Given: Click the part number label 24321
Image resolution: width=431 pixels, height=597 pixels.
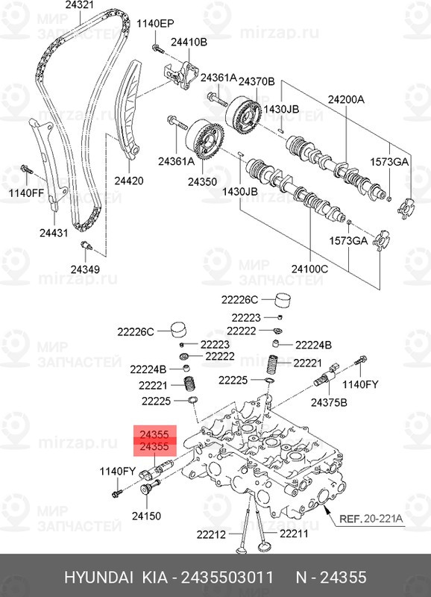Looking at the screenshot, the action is point(80,5).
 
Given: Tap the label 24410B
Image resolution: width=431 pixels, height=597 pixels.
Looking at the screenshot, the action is point(189,42).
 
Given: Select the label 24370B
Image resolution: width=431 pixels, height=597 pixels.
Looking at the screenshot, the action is point(257,81).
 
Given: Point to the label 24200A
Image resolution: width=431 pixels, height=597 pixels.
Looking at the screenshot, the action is point(346,100).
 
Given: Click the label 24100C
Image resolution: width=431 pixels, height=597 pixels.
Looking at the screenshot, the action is point(309,269).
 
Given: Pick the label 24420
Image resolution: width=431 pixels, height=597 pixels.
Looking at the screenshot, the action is point(129,181).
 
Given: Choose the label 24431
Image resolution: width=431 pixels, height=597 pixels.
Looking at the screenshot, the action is point(54,233).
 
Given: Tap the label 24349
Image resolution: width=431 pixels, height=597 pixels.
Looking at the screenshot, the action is point(85,269).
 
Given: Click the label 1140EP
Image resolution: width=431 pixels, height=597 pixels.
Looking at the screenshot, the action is point(155,24).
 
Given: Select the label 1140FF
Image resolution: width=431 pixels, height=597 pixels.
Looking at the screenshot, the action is point(27,193).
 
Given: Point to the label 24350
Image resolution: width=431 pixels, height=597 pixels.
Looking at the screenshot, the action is point(202,181).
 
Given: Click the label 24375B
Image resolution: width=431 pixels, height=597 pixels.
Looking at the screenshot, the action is point(329,402).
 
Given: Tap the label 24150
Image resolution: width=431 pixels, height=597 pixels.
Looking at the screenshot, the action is point(146,516).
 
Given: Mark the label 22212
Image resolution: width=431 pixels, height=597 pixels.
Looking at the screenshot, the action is point(211,534).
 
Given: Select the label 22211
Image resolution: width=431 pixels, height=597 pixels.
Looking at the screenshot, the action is point(294,534).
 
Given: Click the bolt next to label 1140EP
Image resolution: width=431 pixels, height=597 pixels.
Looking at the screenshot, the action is point(157,49).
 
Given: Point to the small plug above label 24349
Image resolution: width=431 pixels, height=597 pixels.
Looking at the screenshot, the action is point(86,245).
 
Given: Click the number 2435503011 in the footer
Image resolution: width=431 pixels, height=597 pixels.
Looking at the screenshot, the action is point(227,578).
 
